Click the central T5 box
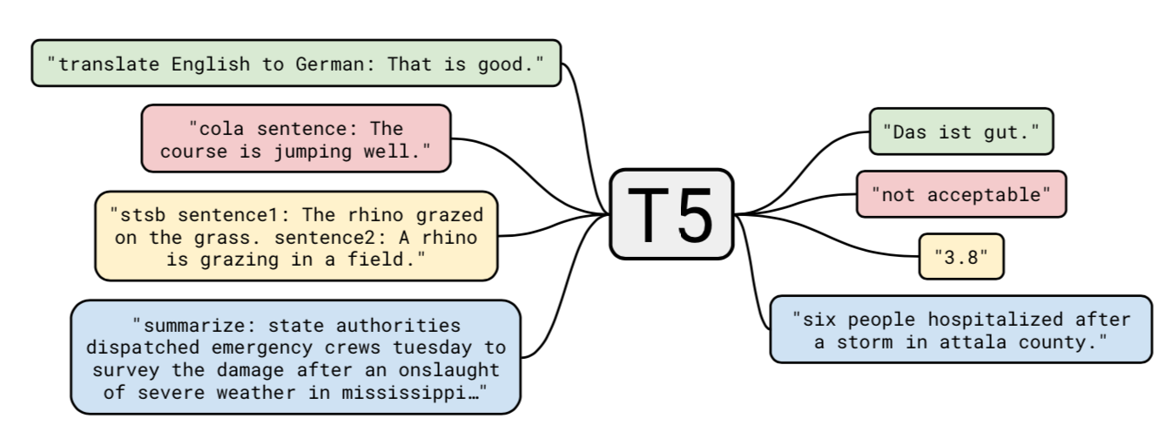670,214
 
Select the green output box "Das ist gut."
960,132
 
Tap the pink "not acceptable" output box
960,193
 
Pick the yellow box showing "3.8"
960,256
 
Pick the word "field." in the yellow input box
396,259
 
